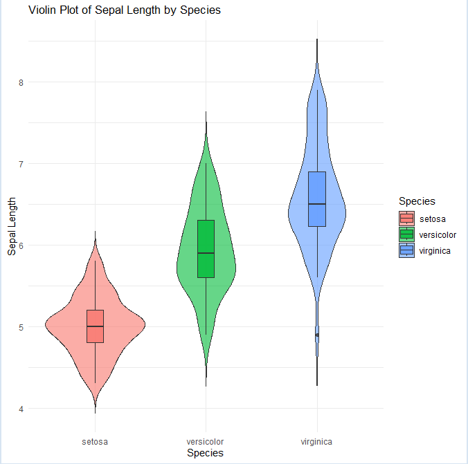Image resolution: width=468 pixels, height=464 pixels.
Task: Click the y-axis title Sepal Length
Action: pyautogui.click(x=12, y=225)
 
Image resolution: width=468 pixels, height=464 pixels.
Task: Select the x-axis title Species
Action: pyautogui.click(x=205, y=453)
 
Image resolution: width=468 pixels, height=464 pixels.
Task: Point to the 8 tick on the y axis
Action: pyautogui.click(x=20, y=82)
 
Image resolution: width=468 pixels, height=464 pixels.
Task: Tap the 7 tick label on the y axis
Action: pyautogui.click(x=20, y=164)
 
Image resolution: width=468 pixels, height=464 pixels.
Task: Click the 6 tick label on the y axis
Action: pyautogui.click(x=20, y=245)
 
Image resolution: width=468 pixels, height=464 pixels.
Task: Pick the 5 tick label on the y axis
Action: pyautogui.click(x=20, y=327)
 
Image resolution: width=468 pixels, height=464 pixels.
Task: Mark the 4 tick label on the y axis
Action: pyautogui.click(x=20, y=409)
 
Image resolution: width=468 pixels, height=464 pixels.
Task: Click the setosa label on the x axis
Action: pyautogui.click(x=95, y=440)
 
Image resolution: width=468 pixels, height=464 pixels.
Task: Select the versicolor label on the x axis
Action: pyautogui.click(x=205, y=440)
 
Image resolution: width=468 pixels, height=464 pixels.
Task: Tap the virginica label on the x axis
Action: pyautogui.click(x=316, y=440)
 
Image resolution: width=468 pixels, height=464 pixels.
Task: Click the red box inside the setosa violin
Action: pyautogui.click(x=95, y=326)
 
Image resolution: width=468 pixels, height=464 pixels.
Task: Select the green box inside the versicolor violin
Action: pyautogui.click(x=206, y=249)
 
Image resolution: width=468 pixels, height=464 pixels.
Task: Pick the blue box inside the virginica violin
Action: pyautogui.click(x=316, y=198)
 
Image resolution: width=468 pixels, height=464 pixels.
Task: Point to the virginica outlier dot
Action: pyautogui.click(x=317, y=335)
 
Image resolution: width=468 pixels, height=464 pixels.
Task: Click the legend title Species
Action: pyautogui.click(x=417, y=201)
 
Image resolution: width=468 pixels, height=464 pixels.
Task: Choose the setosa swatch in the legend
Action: pyautogui.click(x=406, y=219)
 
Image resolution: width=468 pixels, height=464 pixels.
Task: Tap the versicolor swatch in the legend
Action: pyautogui.click(x=406, y=234)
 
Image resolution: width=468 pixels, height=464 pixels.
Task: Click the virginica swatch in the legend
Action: pyautogui.click(x=406, y=250)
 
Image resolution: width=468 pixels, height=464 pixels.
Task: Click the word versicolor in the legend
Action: pyautogui.click(x=437, y=235)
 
